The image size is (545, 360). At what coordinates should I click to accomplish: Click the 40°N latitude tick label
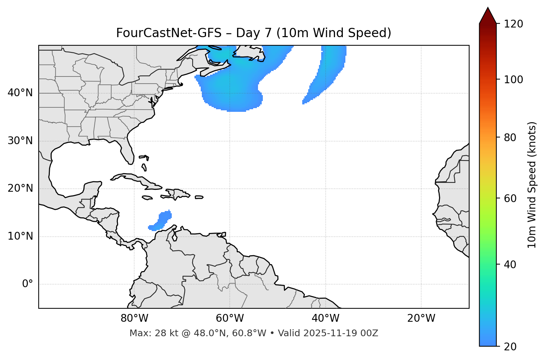tap(20, 93)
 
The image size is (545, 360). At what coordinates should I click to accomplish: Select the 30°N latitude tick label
tap(20, 141)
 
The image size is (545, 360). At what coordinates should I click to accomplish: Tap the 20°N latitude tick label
tap(20, 188)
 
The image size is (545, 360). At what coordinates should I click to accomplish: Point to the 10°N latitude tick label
tap(20, 236)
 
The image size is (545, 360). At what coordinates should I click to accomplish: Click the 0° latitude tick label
tap(27, 284)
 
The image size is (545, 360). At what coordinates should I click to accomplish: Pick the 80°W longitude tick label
tap(134, 318)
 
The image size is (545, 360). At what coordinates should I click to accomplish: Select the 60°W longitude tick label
tap(230, 318)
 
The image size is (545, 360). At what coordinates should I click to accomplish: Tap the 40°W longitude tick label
tap(325, 318)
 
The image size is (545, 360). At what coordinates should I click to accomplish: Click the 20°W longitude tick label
tap(421, 318)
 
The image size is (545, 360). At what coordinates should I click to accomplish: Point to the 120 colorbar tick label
tap(513, 24)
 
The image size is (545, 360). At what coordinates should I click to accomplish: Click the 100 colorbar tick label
tap(513, 80)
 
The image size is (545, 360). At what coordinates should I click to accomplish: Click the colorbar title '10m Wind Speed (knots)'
tap(532, 185)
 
